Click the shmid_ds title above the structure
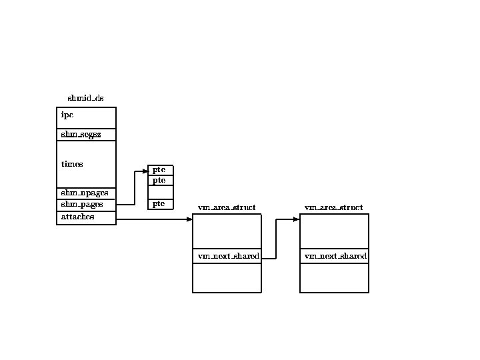[x=85, y=99]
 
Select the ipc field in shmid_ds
[x=86, y=117]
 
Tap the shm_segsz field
[x=86, y=135]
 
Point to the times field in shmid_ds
[x=86, y=164]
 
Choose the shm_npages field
[x=86, y=193]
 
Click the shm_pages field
[x=86, y=205]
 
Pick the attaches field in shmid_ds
[x=86, y=217]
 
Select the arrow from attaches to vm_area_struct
[x=153, y=219]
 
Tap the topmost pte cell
[x=160, y=170]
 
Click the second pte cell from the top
[x=160, y=181]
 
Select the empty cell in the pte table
[x=160, y=192]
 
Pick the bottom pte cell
[x=160, y=203]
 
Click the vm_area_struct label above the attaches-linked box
[x=227, y=208]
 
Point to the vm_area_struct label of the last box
[x=334, y=208]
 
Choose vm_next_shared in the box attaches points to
[x=227, y=257]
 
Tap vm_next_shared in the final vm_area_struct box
[x=334, y=257]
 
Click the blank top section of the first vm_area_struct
[x=227, y=231]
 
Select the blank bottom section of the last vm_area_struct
[x=334, y=277]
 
